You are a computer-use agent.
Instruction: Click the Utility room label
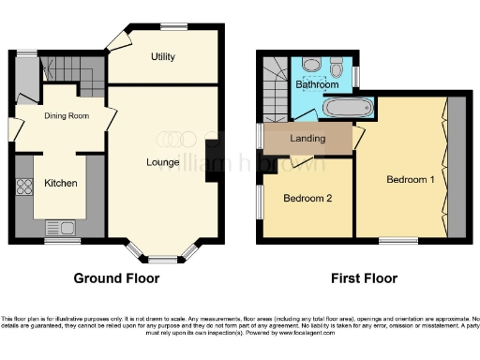point(163,57)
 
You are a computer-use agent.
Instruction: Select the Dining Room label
point(66,116)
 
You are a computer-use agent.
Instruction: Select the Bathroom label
point(317,84)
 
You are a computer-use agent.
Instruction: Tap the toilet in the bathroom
point(313,66)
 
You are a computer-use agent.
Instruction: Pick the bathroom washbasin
point(338,67)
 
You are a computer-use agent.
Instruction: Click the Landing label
point(307,139)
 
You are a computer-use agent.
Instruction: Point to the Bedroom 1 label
point(410,180)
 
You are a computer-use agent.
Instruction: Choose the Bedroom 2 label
point(307,199)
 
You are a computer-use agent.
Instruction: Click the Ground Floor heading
point(116,278)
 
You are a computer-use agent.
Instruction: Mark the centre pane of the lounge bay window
point(163,257)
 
